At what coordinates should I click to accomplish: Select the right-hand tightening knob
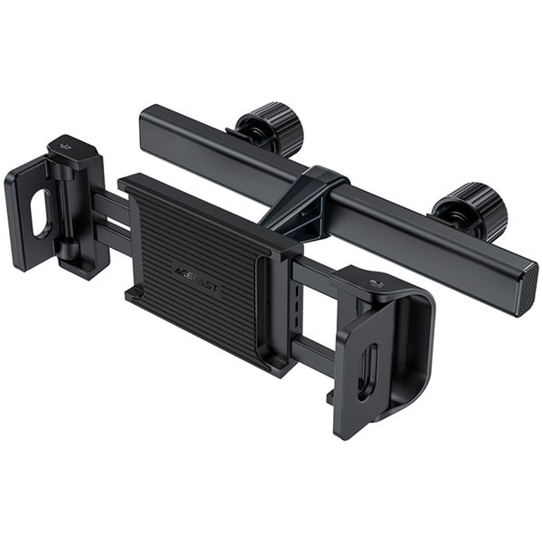tap(472, 207)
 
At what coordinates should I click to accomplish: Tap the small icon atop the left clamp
tap(65, 145)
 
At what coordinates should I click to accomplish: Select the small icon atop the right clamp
tap(376, 287)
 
